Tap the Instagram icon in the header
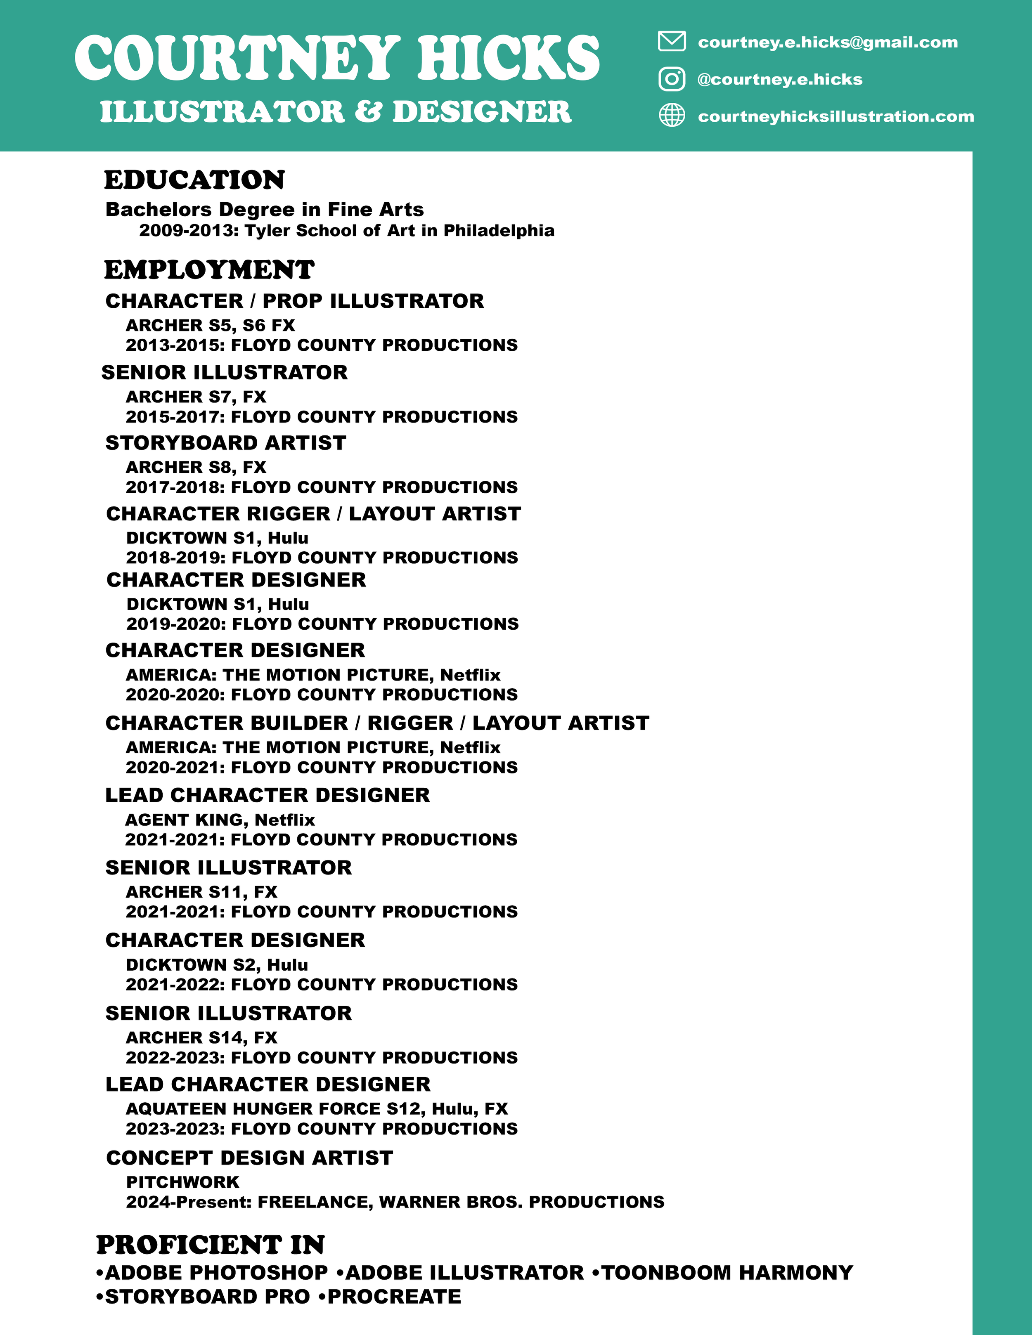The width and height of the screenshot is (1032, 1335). tap(671, 79)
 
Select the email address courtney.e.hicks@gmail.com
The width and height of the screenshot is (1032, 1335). tap(827, 42)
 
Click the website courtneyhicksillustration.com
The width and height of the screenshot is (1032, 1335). tap(835, 116)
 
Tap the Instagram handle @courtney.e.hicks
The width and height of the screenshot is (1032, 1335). tap(779, 80)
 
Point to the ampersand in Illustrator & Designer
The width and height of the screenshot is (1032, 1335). tap(368, 112)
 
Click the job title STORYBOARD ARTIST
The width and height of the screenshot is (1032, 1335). tap(226, 442)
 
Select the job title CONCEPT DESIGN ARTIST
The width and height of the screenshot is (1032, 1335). tap(249, 1157)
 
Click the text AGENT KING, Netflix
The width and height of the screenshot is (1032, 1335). tap(220, 819)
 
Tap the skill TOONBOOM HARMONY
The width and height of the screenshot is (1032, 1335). tap(727, 1273)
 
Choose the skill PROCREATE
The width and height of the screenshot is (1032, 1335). tap(394, 1297)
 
